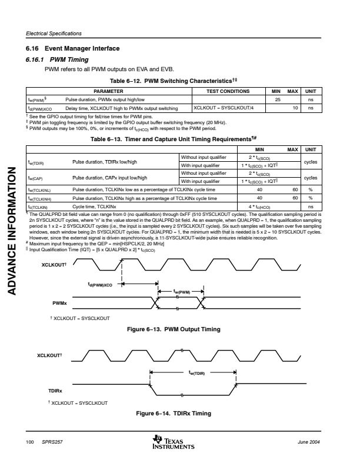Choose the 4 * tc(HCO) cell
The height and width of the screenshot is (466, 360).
[259, 207]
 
